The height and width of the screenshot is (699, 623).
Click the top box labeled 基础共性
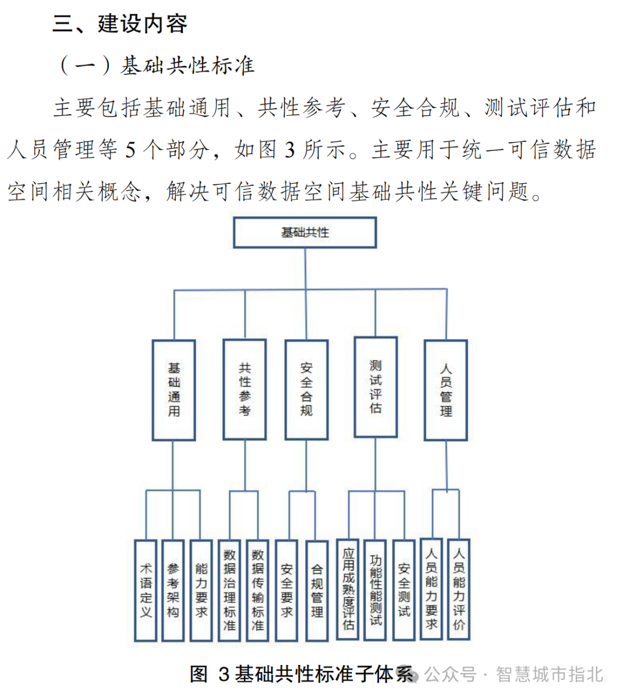tap(305, 233)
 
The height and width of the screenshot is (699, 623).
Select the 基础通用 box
tap(174, 390)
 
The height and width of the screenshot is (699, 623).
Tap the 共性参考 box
tap(245, 390)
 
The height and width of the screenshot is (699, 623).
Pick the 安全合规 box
tap(306, 390)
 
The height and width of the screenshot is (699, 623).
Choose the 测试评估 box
tap(376, 387)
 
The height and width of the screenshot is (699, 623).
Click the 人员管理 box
tap(446, 390)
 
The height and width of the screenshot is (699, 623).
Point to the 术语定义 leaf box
tap(145, 590)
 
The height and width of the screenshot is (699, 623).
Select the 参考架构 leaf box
tap(173, 590)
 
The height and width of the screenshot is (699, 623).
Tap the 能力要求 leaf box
tap(201, 590)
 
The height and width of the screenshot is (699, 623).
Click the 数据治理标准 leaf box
tap(230, 590)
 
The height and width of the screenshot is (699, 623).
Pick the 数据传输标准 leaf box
tap(257, 590)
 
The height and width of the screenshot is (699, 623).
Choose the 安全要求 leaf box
tap(287, 590)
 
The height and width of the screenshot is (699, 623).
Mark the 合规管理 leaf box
tap(317, 590)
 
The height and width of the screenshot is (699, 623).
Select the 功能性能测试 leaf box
tap(376, 590)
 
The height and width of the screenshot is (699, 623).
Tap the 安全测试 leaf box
tap(404, 590)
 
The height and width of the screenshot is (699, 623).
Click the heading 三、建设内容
tap(120, 24)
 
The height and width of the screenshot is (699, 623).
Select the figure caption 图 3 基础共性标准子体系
tap(302, 674)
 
